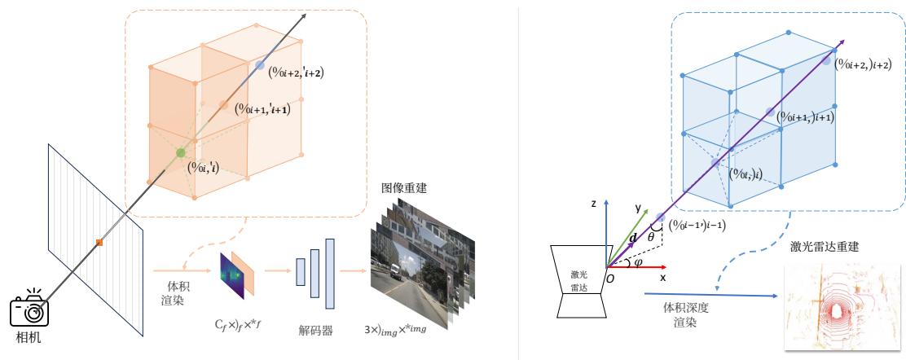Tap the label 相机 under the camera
coord(30,337)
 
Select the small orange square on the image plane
coord(99,242)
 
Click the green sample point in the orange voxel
coord(181,152)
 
